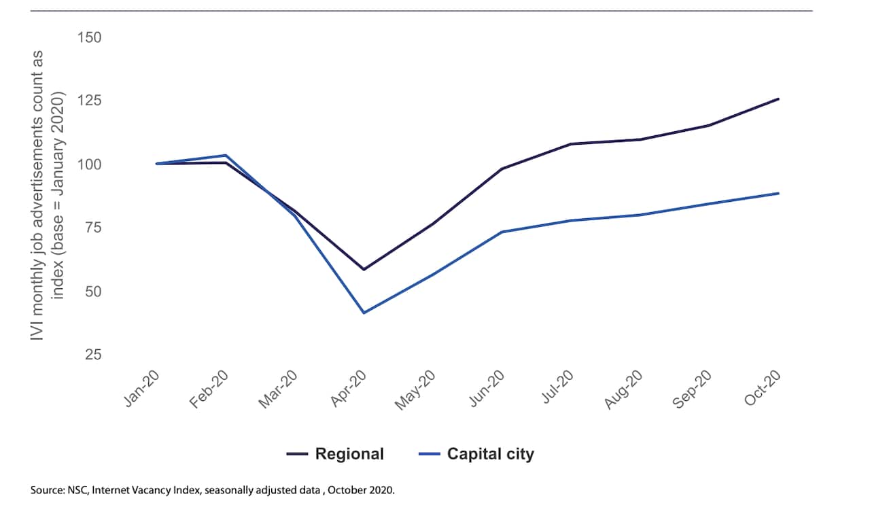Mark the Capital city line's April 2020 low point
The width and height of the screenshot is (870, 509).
pyautogui.click(x=364, y=313)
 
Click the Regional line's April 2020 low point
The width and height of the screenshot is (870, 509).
pyautogui.click(x=364, y=270)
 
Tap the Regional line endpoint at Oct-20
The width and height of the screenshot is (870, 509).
pyautogui.click(x=778, y=99)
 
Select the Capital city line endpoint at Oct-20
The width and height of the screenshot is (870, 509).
pyautogui.click(x=778, y=193)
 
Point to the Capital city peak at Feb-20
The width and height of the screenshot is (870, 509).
pyautogui.click(x=226, y=156)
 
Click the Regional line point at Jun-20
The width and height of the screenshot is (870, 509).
pyautogui.click(x=502, y=169)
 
